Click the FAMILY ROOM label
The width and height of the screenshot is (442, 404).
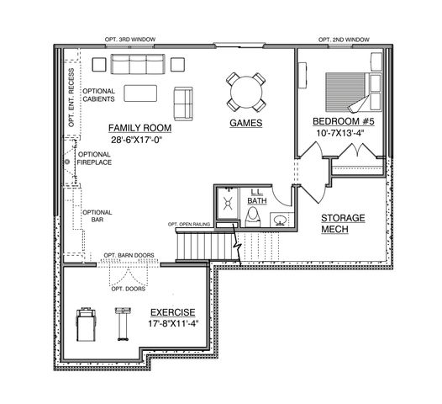(139, 128)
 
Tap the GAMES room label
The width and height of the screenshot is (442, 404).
(246, 123)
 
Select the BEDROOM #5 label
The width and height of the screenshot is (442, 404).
(344, 120)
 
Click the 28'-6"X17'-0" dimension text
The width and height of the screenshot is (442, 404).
(139, 141)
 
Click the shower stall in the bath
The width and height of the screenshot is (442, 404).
(226, 205)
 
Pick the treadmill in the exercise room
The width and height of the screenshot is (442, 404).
(85, 322)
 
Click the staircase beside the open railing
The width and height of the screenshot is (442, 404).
(204, 246)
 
